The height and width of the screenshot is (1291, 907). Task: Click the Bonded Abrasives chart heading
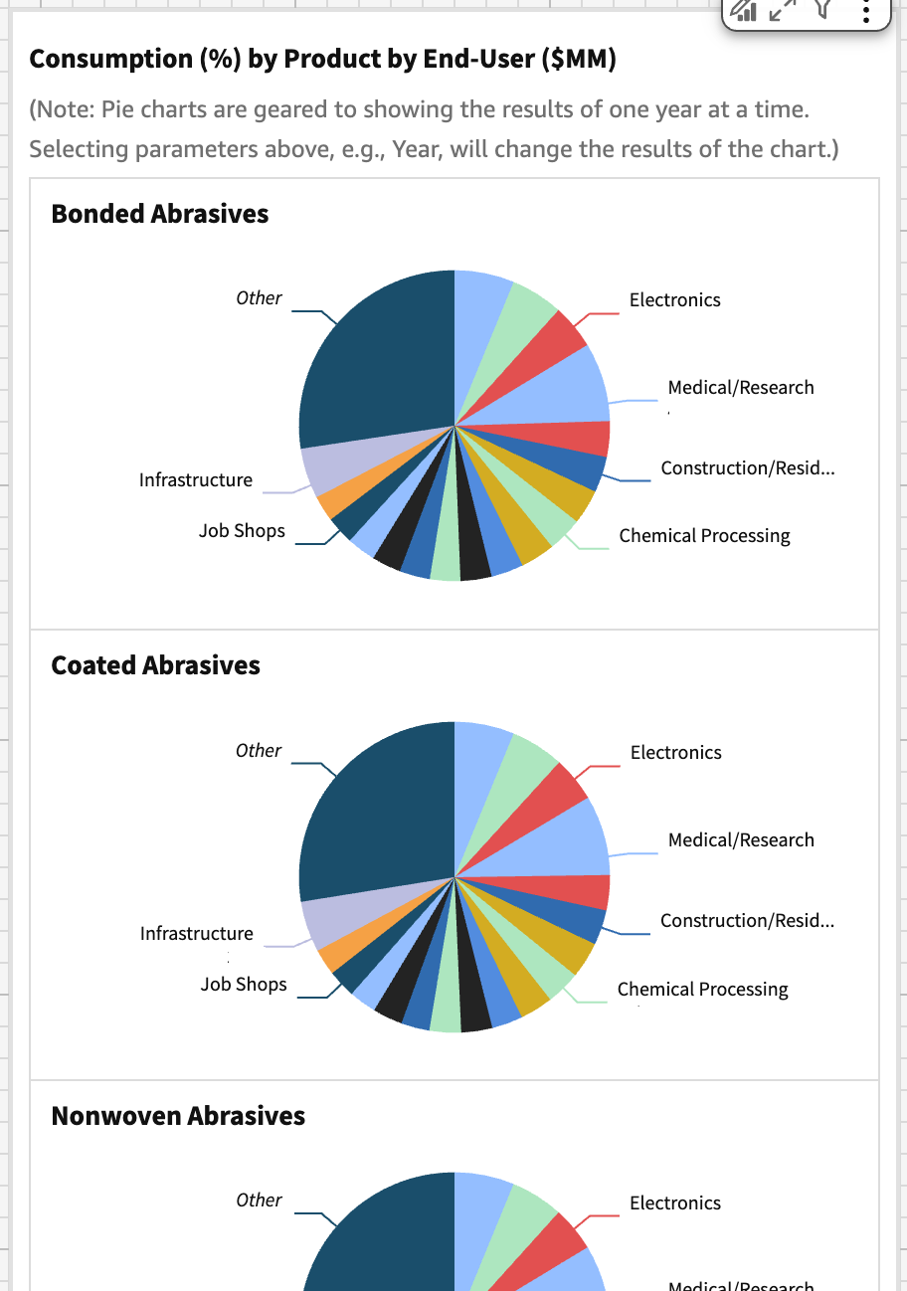[159, 214]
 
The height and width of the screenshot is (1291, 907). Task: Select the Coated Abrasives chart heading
[155, 665]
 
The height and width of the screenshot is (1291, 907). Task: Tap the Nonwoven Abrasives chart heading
[178, 1116]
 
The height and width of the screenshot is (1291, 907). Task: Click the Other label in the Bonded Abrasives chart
[259, 298]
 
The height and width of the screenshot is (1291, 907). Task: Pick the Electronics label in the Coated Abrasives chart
[675, 753]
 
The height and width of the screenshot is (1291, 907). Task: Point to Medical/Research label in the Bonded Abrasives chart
[741, 388]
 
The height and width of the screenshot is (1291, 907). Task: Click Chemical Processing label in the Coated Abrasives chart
[702, 990]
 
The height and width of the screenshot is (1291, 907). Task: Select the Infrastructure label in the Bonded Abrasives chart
[196, 480]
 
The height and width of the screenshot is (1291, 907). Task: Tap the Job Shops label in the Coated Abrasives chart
[243, 985]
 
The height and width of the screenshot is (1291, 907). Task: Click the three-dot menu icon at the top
[866, 11]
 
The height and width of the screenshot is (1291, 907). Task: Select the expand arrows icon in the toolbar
[784, 10]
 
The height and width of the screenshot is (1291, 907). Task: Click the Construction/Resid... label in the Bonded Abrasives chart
[747, 468]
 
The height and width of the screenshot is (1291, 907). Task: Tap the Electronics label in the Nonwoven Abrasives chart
[675, 1203]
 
